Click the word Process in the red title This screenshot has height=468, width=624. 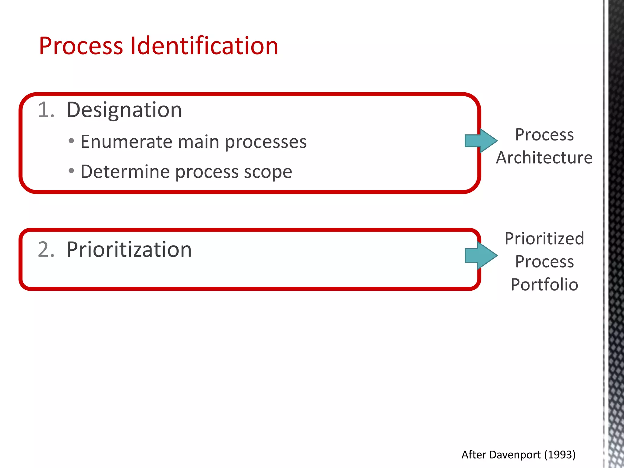[81, 46]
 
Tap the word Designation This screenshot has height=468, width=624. [124, 110]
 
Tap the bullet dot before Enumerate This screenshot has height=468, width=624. [71, 141]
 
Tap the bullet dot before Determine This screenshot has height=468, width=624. [71, 171]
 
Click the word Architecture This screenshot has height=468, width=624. [544, 158]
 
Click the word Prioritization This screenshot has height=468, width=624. [129, 250]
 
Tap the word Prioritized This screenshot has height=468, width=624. [544, 239]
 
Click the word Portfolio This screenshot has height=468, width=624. [544, 285]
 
